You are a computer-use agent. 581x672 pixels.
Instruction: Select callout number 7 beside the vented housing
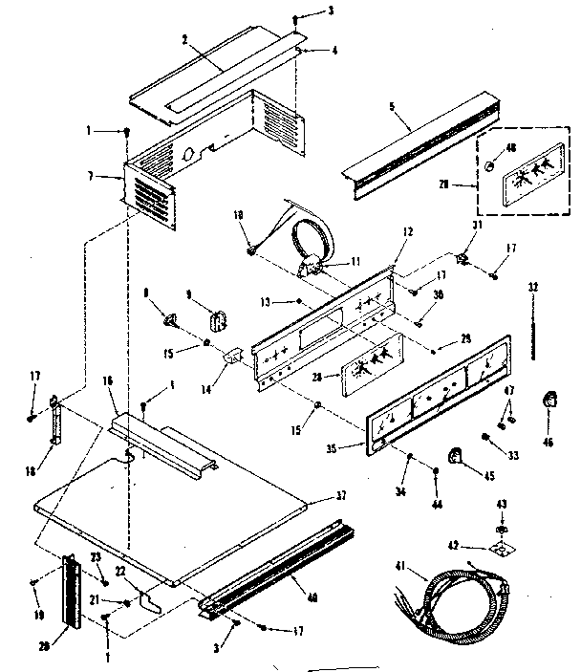pos(116,176)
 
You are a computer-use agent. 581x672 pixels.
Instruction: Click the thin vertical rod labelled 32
pos(532,330)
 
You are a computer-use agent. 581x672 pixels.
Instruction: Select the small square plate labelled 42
pos(501,549)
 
